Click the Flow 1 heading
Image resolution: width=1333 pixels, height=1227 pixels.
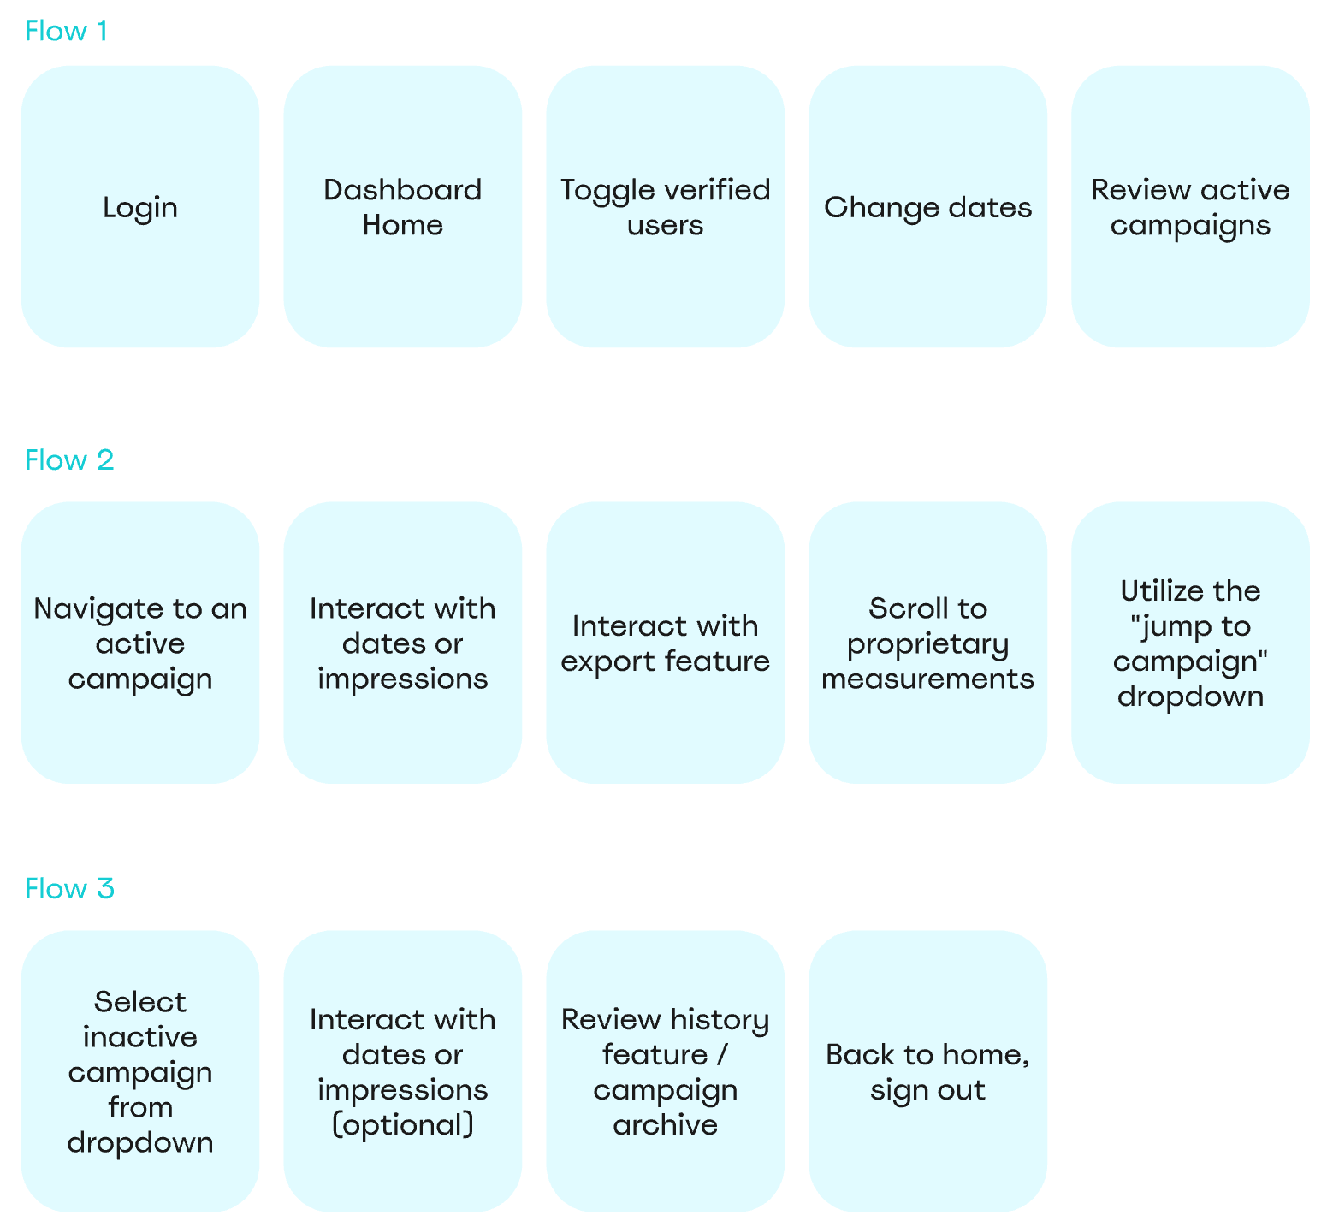[x=66, y=31]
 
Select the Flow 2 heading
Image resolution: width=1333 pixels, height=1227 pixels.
[x=69, y=460]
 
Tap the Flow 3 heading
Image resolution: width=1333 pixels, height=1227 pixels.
[x=69, y=889]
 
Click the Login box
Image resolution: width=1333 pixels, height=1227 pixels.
[x=140, y=207]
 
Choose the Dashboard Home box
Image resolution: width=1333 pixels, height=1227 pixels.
[x=402, y=207]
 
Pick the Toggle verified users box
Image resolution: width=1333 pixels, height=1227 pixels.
[x=665, y=207]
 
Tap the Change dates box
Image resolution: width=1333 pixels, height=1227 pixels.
[x=927, y=207]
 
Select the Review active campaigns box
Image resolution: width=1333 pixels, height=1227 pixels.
[x=1190, y=207]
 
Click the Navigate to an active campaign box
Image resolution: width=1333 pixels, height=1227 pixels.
[x=140, y=643]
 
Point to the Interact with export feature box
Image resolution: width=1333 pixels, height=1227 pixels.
[x=665, y=643]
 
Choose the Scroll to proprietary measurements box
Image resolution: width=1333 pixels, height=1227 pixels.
[x=927, y=643]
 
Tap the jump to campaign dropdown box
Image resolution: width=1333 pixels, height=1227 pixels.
[x=1190, y=643]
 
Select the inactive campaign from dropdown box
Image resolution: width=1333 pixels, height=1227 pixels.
[x=140, y=1071]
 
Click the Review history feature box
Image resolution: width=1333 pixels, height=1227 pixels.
[x=665, y=1071]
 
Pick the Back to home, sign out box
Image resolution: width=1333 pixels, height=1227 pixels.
[x=927, y=1071]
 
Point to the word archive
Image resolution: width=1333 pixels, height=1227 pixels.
[x=665, y=1125]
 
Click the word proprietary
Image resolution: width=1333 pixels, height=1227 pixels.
[x=927, y=644]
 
